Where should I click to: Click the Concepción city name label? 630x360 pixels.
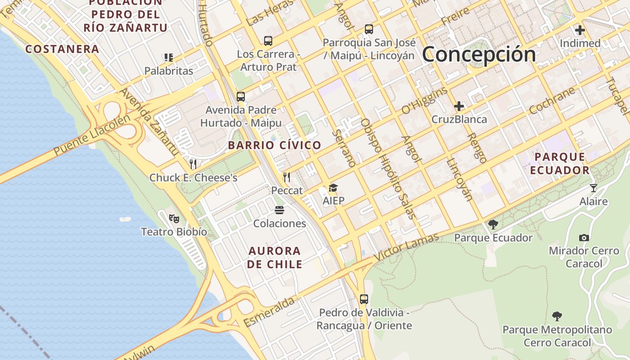(479, 54)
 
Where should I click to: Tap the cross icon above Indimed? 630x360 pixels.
(580, 31)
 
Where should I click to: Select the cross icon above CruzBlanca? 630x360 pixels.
(459, 107)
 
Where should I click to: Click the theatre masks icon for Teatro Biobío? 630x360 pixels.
(174, 219)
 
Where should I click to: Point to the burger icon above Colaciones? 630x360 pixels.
(279, 210)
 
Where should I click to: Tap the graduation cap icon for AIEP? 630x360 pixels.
(333, 188)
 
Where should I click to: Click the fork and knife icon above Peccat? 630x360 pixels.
(287, 177)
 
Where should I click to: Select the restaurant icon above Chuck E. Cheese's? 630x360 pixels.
(193, 164)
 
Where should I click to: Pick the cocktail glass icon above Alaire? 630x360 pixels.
(594, 188)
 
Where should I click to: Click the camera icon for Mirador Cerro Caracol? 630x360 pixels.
(584, 238)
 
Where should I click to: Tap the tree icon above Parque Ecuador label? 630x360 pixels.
(493, 224)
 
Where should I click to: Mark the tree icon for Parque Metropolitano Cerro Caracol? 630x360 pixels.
(557, 316)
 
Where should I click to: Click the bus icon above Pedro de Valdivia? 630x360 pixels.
(364, 299)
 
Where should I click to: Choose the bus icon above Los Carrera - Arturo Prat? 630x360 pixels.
(268, 41)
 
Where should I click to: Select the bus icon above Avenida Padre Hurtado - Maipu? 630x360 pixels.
(241, 96)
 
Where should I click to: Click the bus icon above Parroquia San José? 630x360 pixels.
(369, 29)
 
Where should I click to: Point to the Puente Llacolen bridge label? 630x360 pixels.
(92, 135)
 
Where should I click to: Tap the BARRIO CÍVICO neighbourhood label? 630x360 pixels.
(274, 145)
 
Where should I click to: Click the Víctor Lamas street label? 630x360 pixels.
(406, 247)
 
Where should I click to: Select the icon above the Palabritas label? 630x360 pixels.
(169, 58)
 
